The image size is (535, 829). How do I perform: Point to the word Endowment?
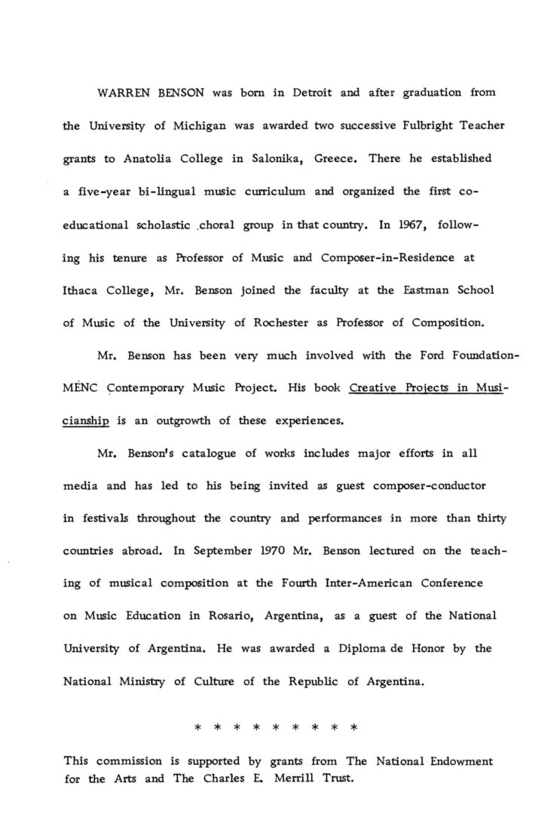(460, 762)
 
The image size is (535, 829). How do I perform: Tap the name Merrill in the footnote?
(292, 779)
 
